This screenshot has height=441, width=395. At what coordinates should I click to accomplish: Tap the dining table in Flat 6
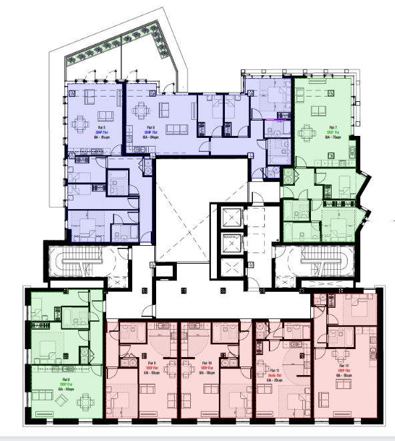point(143,111)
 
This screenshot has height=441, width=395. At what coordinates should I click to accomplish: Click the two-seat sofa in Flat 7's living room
point(318,93)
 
